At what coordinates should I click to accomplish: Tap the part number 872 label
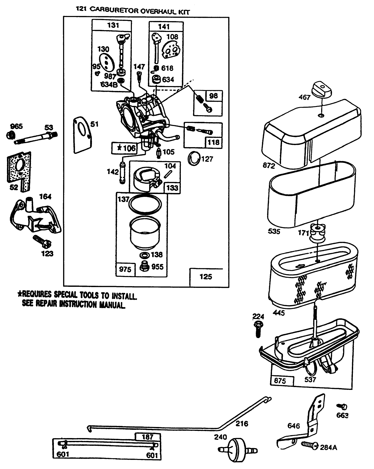point(269,165)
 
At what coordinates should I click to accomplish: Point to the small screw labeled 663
point(343,407)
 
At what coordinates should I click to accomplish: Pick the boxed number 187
point(148,437)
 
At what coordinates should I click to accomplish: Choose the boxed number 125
point(206,277)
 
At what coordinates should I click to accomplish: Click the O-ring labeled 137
point(146,204)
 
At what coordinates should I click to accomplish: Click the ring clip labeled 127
point(193,159)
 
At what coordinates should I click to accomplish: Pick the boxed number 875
point(280,380)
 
